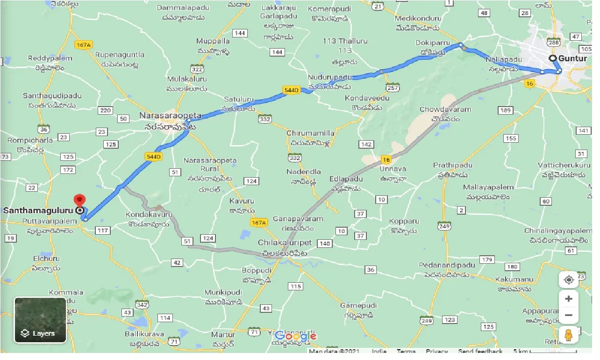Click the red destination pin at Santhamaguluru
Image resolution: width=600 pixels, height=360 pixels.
pos(80,201)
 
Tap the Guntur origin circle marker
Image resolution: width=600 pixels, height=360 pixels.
pos(553,58)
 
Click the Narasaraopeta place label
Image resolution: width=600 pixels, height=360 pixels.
pos(170,115)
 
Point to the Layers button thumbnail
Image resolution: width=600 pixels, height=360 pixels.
pos(40,320)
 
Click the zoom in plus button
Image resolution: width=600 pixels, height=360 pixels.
pos(568,299)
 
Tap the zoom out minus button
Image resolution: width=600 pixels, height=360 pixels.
pos(568,315)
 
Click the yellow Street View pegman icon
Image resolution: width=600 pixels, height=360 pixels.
pos(568,335)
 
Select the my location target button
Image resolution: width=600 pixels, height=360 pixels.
pos(568,280)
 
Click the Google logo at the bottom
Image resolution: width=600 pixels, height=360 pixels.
pos(295,336)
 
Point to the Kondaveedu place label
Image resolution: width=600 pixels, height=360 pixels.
pos(367,98)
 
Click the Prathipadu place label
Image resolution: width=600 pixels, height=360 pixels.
pos(452,165)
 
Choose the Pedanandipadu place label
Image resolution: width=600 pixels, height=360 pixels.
pos(447,265)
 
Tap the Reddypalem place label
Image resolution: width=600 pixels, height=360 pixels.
pos(50,58)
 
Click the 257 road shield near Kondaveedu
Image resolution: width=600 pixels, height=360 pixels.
pos(392,87)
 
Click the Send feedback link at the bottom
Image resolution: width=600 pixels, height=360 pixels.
pos(480,351)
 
